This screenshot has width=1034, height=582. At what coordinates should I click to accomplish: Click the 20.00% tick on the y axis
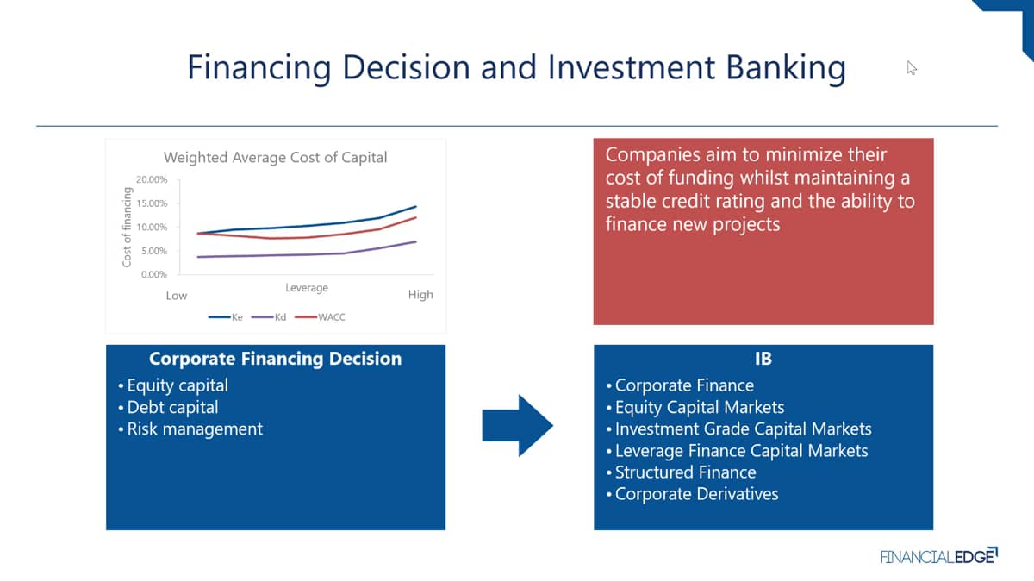(152, 179)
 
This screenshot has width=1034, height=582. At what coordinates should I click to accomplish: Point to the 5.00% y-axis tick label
(154, 251)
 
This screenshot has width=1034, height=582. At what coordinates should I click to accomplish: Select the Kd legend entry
(269, 317)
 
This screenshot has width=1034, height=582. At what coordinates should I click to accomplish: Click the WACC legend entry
(320, 317)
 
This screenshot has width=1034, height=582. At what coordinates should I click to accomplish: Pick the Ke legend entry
(225, 317)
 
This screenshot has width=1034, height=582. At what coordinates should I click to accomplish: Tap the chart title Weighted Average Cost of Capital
(275, 158)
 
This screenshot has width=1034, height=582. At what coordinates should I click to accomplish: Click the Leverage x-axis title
(307, 288)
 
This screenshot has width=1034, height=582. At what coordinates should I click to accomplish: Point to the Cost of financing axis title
(127, 227)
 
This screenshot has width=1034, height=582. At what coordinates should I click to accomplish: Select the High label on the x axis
(420, 295)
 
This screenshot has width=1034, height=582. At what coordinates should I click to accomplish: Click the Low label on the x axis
(177, 296)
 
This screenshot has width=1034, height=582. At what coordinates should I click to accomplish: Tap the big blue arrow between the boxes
(517, 425)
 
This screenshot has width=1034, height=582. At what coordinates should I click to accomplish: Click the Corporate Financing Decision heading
(275, 359)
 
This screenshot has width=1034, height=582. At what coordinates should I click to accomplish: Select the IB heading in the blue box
(763, 359)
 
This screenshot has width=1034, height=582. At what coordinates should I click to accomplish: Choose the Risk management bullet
(190, 429)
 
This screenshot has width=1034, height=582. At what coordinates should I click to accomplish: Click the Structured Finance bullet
(682, 472)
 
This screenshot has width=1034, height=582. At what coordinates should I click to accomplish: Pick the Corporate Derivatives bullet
(693, 494)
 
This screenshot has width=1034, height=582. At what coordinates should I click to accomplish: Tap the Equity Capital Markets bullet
(695, 407)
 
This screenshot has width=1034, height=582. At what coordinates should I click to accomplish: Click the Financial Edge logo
(939, 556)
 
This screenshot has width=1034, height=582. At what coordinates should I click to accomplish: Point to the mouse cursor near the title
(912, 68)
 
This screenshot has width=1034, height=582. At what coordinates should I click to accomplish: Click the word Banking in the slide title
(786, 68)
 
